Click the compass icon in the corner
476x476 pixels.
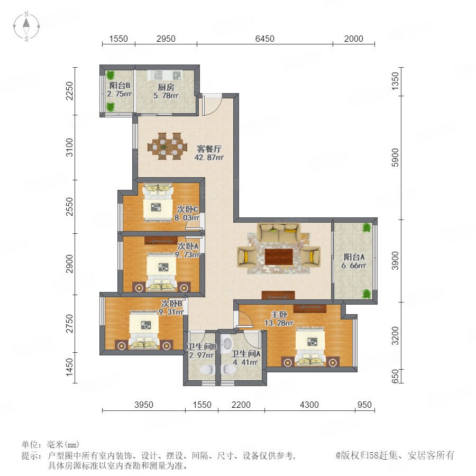[x=26, y=26]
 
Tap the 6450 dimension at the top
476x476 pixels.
[x=265, y=39]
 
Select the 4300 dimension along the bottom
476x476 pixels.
[x=309, y=405]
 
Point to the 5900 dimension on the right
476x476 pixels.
[x=395, y=158]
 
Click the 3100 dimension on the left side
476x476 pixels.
[x=70, y=147]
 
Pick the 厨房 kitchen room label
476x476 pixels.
[x=166, y=87]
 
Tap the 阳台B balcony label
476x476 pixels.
[x=120, y=86]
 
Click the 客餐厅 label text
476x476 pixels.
[x=209, y=149]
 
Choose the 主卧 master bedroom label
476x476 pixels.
[x=279, y=314]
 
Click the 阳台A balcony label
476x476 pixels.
[x=354, y=257]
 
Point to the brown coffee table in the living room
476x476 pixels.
[x=279, y=257]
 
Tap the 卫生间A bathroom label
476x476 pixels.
[x=245, y=354]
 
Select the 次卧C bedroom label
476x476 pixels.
[x=188, y=209]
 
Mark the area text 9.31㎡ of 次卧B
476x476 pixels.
[x=171, y=312]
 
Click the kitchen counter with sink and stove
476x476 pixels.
[x=164, y=75]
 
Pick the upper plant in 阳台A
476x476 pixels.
[x=367, y=227]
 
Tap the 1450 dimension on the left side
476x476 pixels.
[x=70, y=367]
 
